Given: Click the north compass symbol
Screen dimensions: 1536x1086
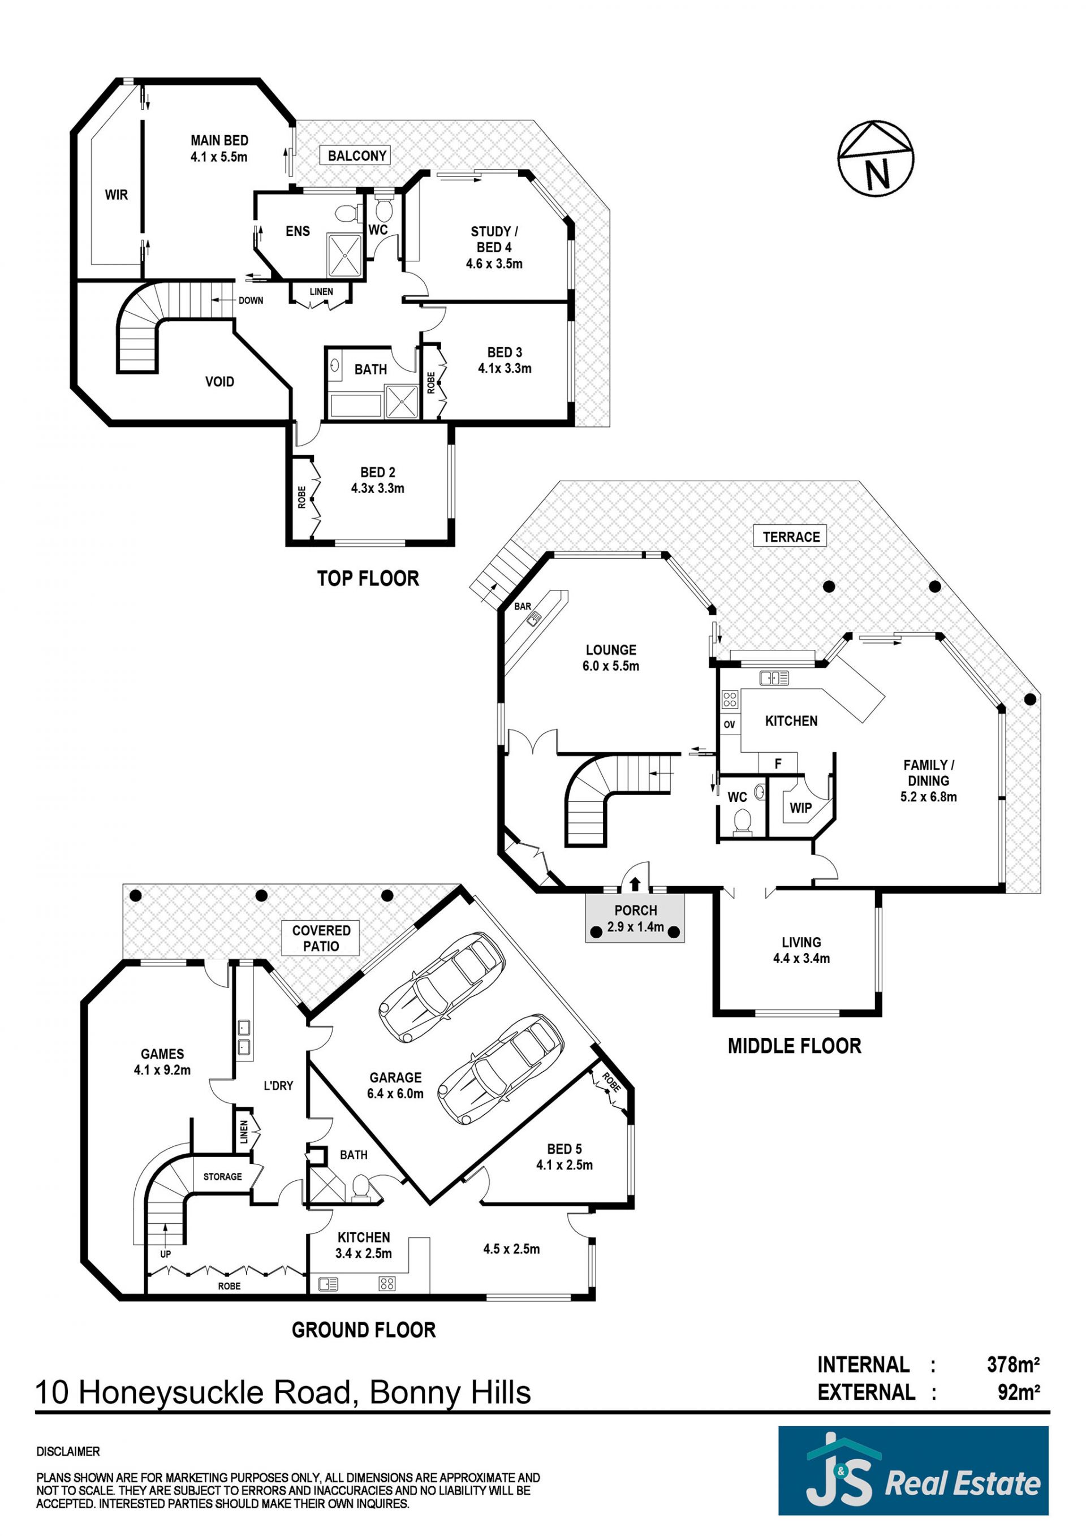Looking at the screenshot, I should pyautogui.click(x=876, y=158).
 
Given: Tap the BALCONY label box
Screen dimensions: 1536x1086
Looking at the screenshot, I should pyautogui.click(x=357, y=156).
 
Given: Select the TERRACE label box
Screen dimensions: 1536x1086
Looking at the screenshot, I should pyautogui.click(x=791, y=537).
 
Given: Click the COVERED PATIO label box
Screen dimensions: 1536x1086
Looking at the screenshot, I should pyautogui.click(x=321, y=938).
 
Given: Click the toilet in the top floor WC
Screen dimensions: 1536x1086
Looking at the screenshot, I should pyautogui.click(x=383, y=209).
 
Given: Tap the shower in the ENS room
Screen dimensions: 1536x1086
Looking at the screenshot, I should pyautogui.click(x=344, y=254).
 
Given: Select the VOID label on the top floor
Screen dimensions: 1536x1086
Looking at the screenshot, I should pyautogui.click(x=219, y=381).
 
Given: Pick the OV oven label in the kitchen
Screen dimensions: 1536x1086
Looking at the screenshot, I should pyautogui.click(x=729, y=724).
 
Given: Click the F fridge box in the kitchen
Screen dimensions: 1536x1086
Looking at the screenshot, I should pyautogui.click(x=778, y=763).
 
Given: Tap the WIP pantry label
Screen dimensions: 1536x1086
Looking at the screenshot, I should pyautogui.click(x=800, y=808).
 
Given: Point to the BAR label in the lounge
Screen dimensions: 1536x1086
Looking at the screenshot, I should pyautogui.click(x=523, y=607).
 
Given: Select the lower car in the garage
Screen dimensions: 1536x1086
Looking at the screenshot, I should pyautogui.click(x=501, y=1067).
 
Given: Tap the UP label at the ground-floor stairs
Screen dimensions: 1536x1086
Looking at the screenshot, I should pyautogui.click(x=165, y=1254).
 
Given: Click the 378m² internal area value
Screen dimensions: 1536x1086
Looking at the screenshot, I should pyautogui.click(x=1013, y=1365).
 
